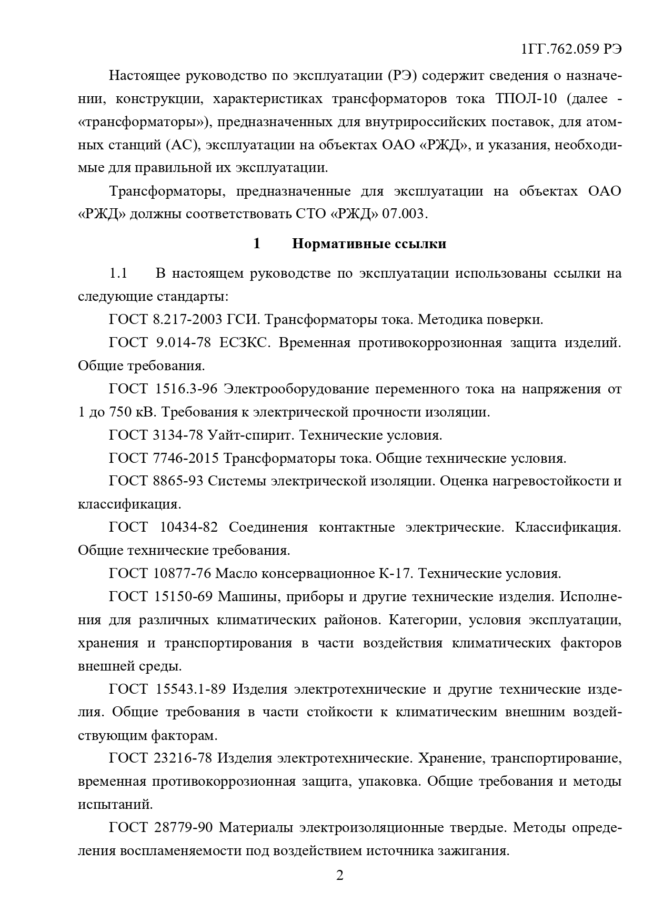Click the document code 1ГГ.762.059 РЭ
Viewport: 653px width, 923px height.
tap(571, 49)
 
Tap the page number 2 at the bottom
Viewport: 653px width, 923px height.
tap(339, 876)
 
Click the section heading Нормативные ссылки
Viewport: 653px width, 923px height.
tap(369, 244)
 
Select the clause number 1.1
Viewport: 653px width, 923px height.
tap(118, 273)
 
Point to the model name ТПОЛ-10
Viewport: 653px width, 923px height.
tap(529, 99)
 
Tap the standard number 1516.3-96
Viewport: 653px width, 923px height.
tap(186, 389)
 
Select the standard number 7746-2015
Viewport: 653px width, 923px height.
tap(187, 458)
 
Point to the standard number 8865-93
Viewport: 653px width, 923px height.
tap(179, 481)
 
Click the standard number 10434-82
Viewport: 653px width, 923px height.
tap(187, 528)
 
